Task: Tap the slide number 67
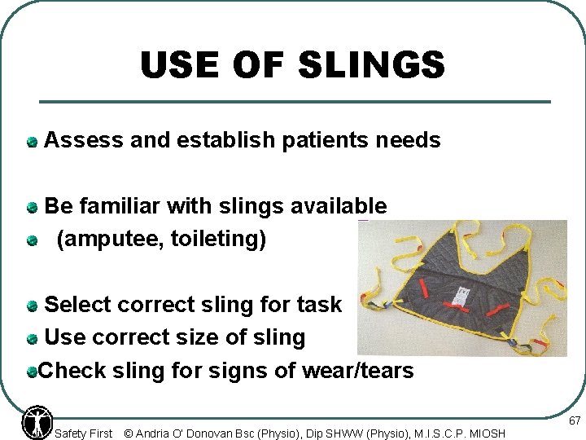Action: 575,421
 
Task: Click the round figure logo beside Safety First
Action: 37,421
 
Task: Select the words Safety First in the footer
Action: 83,433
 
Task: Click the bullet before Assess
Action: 32,142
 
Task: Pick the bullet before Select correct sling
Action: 32,306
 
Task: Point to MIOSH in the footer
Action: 486,433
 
